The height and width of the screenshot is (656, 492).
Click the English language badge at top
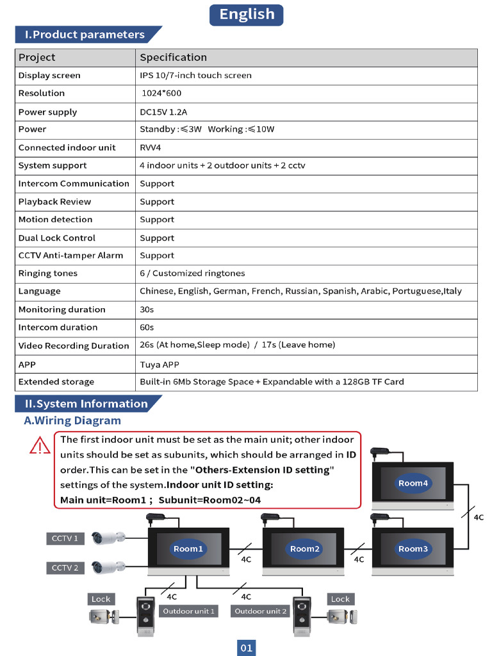246,14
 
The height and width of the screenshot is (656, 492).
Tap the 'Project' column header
37,58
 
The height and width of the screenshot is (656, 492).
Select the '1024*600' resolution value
161,94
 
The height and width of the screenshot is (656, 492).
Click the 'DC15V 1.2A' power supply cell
163,112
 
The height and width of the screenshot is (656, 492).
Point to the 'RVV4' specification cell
151,147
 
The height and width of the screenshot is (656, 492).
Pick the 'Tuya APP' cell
160,365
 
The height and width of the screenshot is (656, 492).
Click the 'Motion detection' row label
55,220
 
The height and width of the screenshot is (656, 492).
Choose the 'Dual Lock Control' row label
56,238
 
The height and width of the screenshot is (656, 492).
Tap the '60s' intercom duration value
147,327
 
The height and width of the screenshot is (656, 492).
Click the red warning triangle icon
40,445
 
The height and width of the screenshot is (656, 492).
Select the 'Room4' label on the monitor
413,484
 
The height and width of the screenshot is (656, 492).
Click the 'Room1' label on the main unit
188,549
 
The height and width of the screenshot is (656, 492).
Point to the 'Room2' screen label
304,549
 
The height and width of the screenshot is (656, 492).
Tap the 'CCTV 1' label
65,539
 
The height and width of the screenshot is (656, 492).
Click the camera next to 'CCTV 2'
107,567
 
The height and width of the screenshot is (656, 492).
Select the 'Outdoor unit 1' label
188,611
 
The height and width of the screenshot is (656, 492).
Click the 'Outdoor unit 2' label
261,611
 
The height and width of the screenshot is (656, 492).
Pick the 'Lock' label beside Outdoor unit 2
340,599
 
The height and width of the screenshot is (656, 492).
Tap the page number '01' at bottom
247,648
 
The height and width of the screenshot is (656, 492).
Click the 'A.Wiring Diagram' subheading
72,421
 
